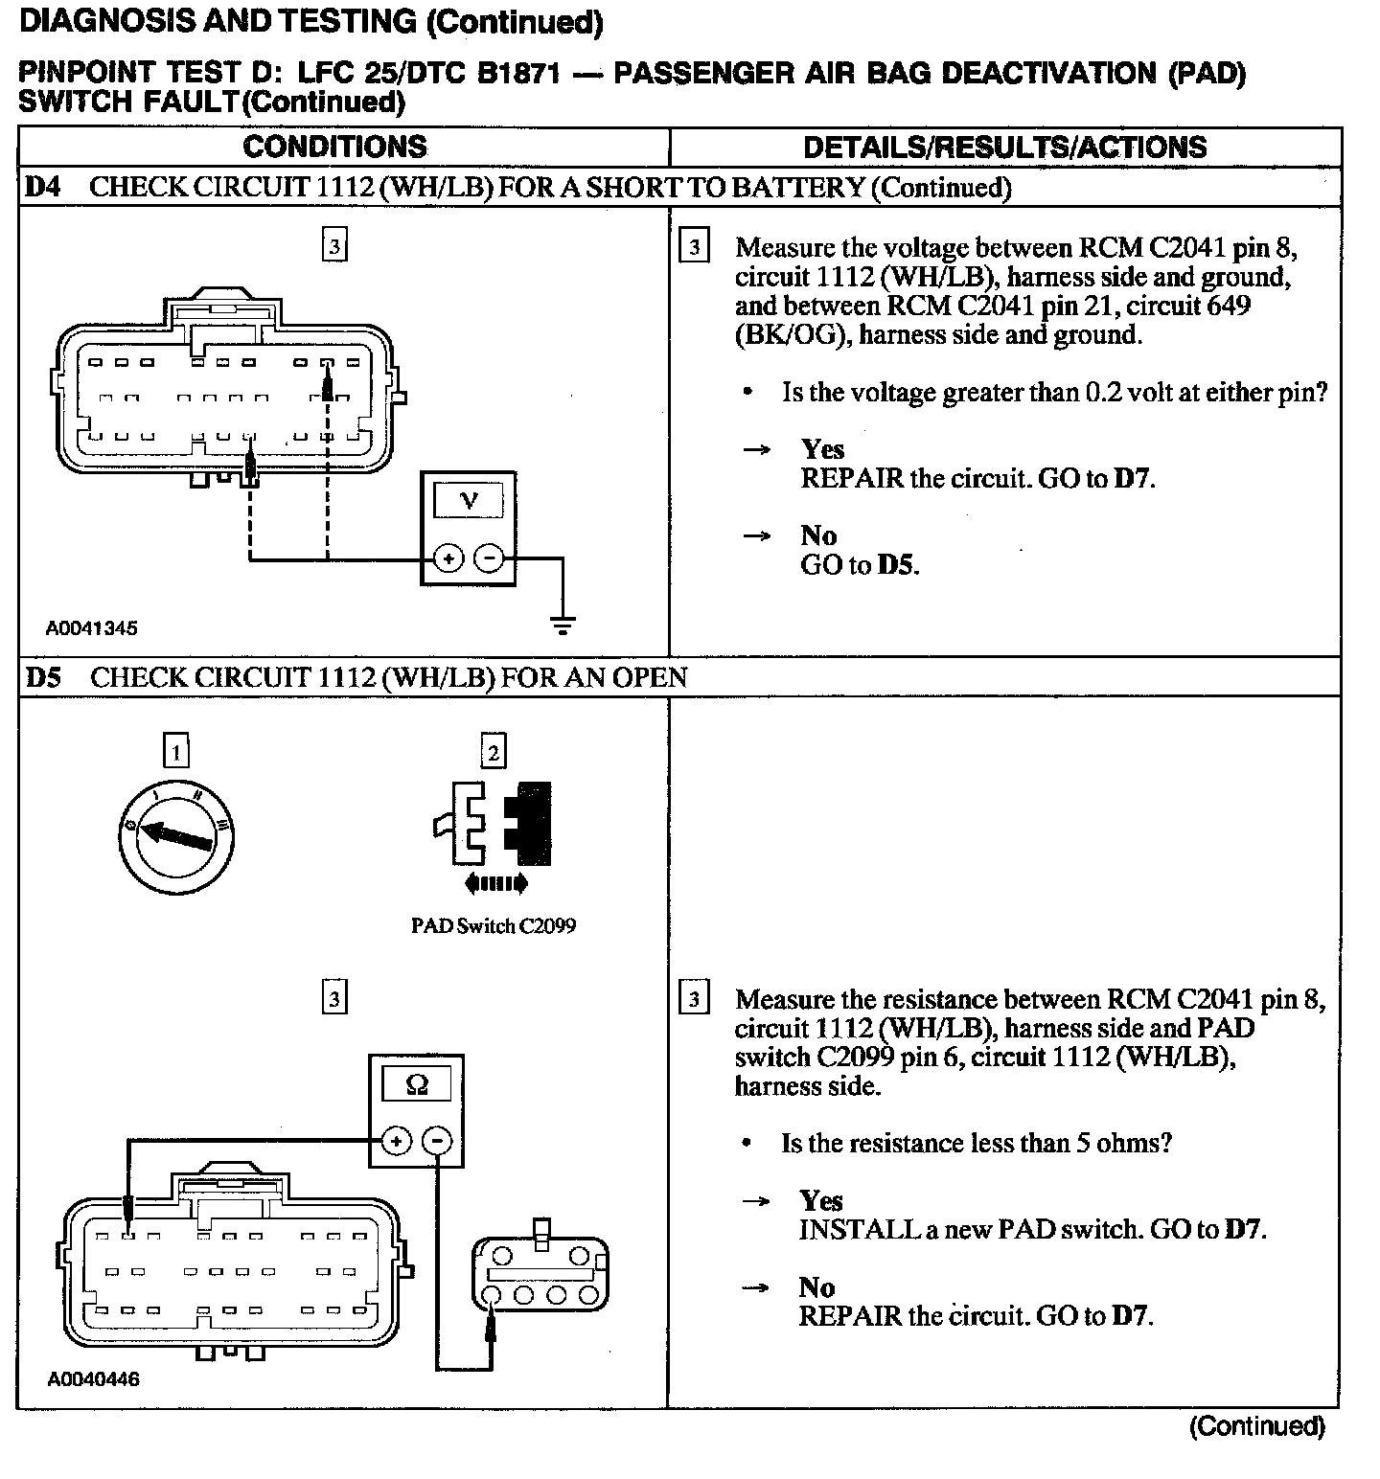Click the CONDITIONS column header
pos(334,147)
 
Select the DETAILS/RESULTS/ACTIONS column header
pos(1004,147)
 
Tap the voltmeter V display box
pos(469,500)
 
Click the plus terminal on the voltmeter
pos(448,557)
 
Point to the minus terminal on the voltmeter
pos(489,557)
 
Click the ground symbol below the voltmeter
pos(563,626)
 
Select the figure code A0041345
pos(92,628)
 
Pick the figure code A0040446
pos(93,1379)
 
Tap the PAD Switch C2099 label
pos(494,926)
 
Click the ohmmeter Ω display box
pos(417,1084)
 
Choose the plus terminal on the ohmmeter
pos(396,1140)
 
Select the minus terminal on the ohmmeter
pos(437,1140)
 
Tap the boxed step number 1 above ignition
pos(175,751)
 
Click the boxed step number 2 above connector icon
pos(493,752)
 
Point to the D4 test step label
pos(43,187)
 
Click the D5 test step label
pos(43,677)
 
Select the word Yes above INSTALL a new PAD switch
pos(821,1200)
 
